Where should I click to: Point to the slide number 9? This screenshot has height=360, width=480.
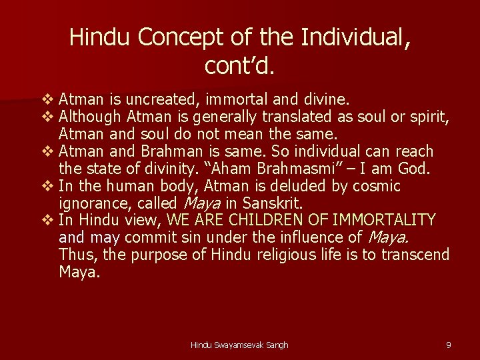click(449, 345)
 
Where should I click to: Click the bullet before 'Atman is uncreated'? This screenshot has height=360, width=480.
click(47, 101)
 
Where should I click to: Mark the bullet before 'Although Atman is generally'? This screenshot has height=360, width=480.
click(47, 118)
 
